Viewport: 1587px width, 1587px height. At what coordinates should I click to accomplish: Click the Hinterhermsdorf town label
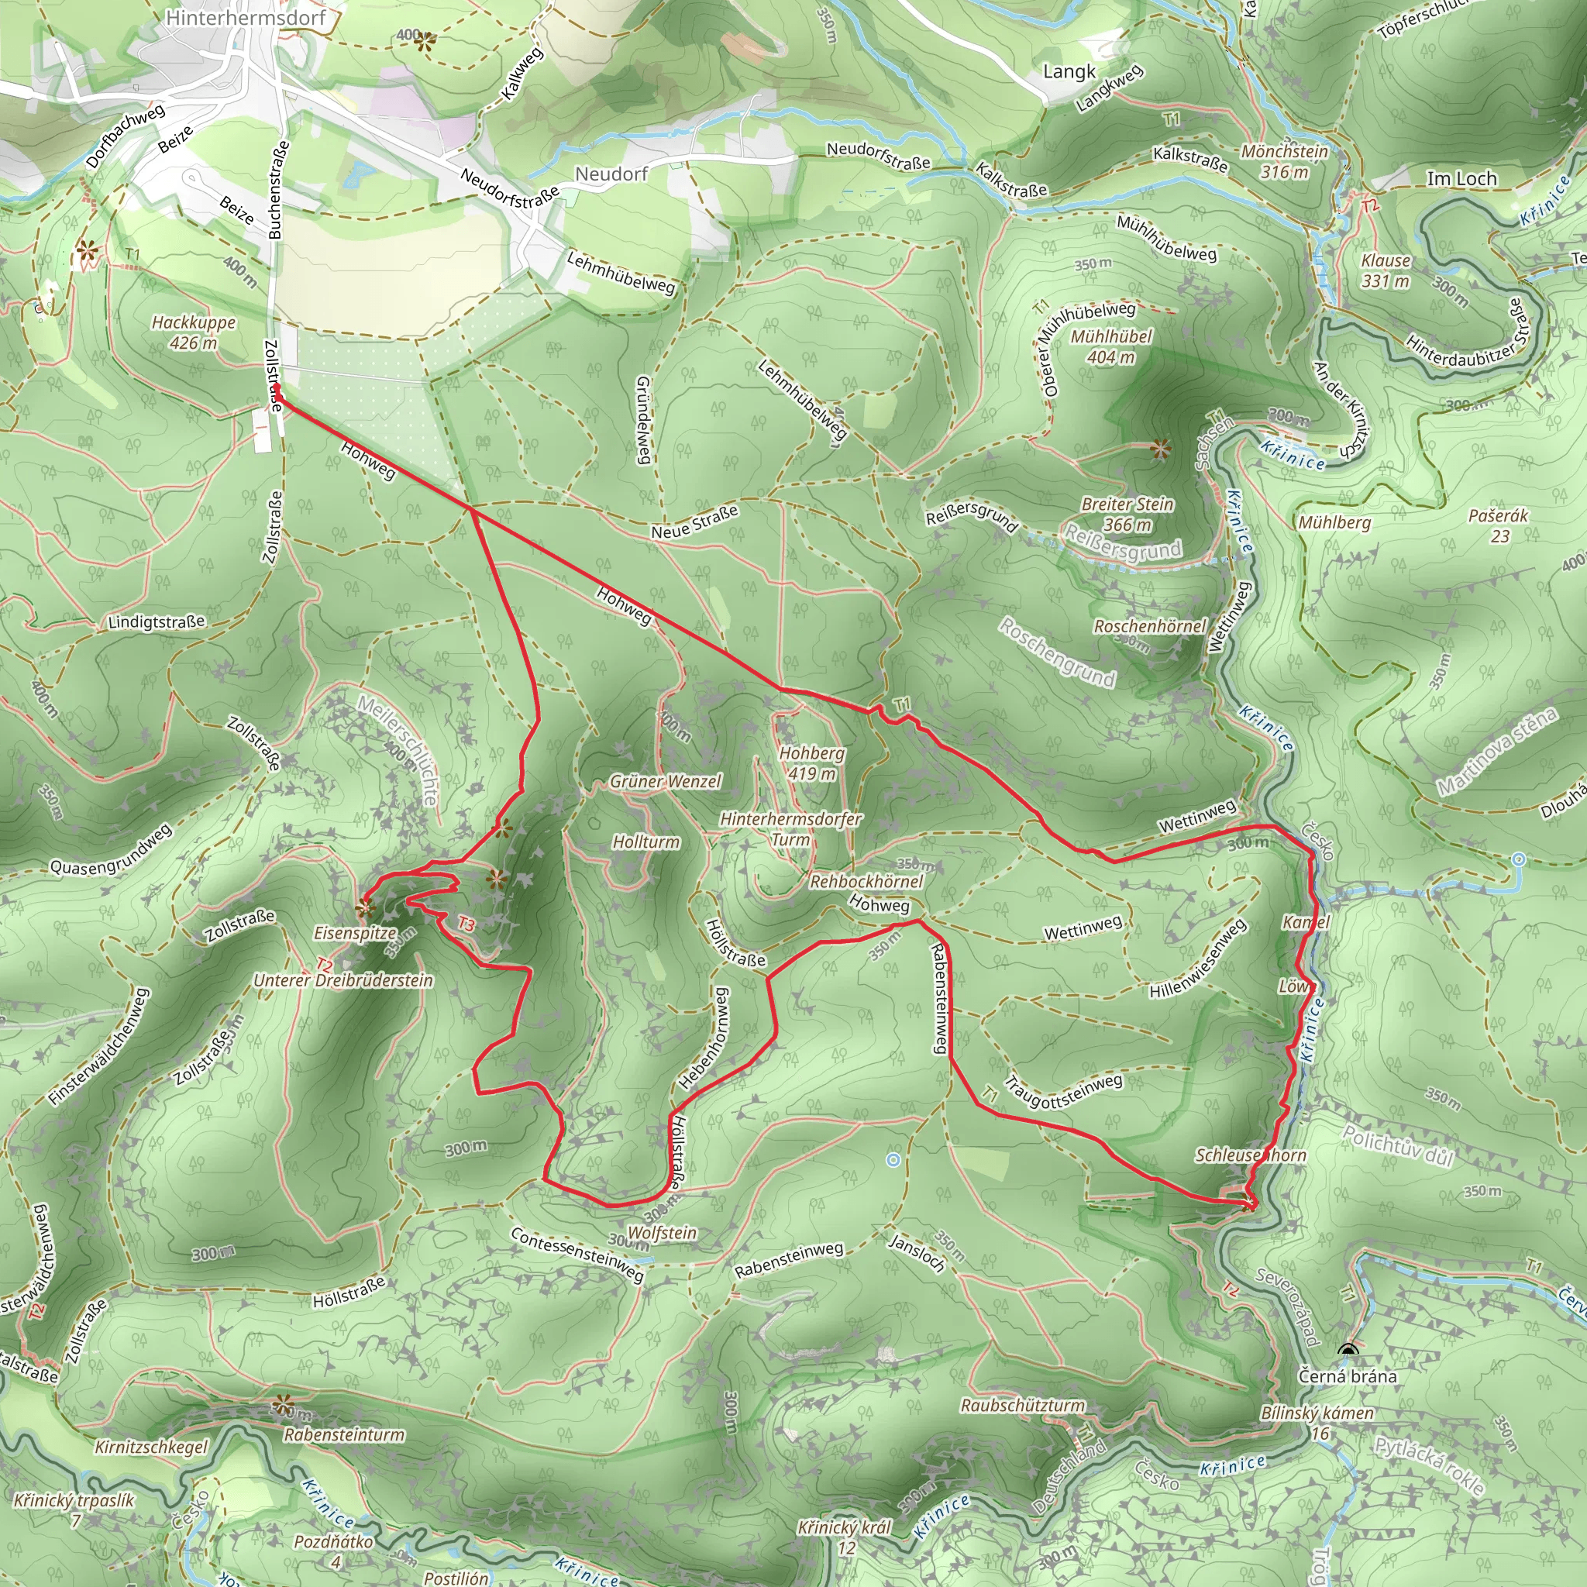tap(245, 17)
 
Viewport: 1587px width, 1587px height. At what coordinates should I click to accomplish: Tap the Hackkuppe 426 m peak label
tap(193, 332)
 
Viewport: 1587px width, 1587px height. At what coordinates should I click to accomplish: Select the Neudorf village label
tap(611, 174)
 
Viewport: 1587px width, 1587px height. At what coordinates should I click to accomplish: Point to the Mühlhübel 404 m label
tap(1110, 346)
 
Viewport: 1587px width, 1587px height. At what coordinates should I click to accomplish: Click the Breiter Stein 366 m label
tap(1127, 515)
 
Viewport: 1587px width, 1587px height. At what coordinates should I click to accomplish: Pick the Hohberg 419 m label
tap(811, 763)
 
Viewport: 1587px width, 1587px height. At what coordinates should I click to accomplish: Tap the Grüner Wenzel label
tap(666, 781)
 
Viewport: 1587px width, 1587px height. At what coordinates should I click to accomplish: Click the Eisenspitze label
tap(355, 933)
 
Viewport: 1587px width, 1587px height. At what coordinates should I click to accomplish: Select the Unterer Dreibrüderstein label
tap(343, 980)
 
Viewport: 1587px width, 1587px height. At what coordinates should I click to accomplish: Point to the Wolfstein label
tap(661, 1232)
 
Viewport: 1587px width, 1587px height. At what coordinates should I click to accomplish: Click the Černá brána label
tap(1347, 1375)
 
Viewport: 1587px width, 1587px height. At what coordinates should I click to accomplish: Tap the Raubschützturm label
tap(1023, 1405)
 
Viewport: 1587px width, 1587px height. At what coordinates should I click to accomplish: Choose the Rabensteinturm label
tap(344, 1434)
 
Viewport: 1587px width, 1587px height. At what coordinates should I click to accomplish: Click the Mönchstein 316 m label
tap(1285, 162)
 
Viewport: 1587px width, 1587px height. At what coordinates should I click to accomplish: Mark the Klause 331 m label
tap(1386, 270)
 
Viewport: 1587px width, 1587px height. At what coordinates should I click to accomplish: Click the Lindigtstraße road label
tap(156, 621)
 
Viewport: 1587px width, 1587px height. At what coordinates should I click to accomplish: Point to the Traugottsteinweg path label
tap(1063, 1091)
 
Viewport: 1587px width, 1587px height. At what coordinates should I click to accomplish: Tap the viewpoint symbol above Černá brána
tap(1347, 1351)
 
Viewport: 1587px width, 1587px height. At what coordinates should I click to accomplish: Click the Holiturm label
tap(645, 842)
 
